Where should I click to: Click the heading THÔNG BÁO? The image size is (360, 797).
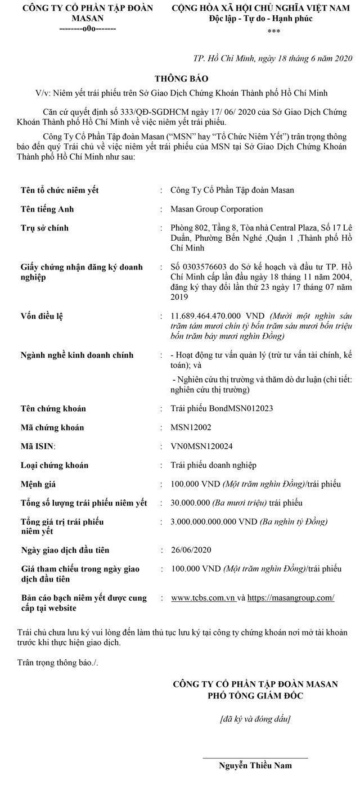(x=180, y=79)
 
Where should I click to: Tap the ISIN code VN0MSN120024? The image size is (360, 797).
(x=202, y=446)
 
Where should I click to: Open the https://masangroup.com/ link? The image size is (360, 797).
(x=291, y=598)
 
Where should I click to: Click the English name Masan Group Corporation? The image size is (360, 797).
(x=217, y=209)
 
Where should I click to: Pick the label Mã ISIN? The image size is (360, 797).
(x=39, y=447)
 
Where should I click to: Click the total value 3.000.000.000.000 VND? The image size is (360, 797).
(x=214, y=521)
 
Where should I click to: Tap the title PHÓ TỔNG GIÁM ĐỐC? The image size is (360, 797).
(x=255, y=696)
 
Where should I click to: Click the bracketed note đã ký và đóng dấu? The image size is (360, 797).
(x=255, y=718)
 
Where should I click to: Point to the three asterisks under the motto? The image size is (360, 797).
(x=274, y=32)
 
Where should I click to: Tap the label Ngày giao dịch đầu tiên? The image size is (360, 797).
(x=65, y=550)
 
